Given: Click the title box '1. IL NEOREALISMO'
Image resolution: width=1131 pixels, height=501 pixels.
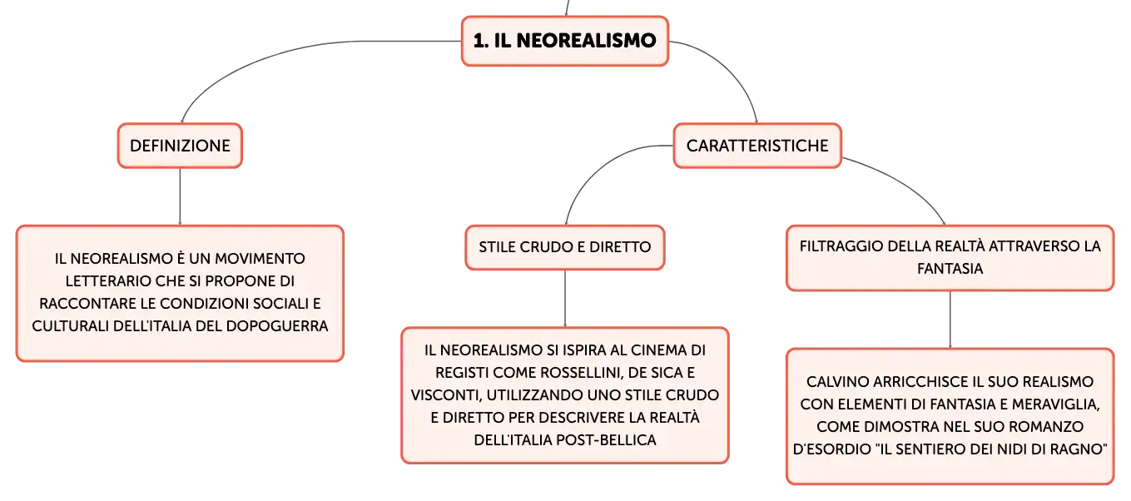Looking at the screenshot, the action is point(565,41).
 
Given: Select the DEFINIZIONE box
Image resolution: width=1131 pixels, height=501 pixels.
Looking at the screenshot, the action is point(181,146).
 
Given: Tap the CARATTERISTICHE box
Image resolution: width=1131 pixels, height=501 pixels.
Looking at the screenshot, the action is point(757,146).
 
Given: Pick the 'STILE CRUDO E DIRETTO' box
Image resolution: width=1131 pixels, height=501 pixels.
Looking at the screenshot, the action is point(565,247).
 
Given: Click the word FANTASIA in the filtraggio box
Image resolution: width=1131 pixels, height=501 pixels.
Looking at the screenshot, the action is point(950,269).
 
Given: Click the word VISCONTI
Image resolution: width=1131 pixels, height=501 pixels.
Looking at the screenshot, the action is point(444,395).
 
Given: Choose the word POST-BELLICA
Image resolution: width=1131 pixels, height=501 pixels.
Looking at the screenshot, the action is point(606,440).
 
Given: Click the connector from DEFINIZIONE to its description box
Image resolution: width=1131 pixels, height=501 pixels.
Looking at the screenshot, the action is point(180,196).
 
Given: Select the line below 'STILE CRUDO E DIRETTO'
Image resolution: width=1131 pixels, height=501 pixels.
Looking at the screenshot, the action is point(565,299).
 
